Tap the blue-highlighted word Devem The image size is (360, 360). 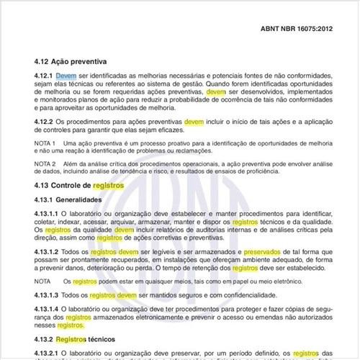coord(66,76)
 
